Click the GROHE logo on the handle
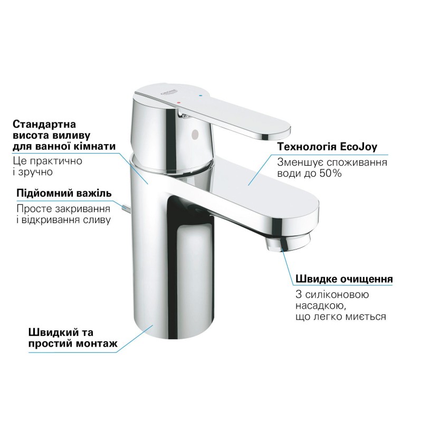pos(168,93)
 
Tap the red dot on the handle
pos(178,103)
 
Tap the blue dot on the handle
pos(199,95)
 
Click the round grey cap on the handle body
pos(195,133)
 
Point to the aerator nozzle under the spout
pos(288,242)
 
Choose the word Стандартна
pos(44,124)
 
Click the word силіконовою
pos(337,294)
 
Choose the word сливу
pos(97,220)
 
